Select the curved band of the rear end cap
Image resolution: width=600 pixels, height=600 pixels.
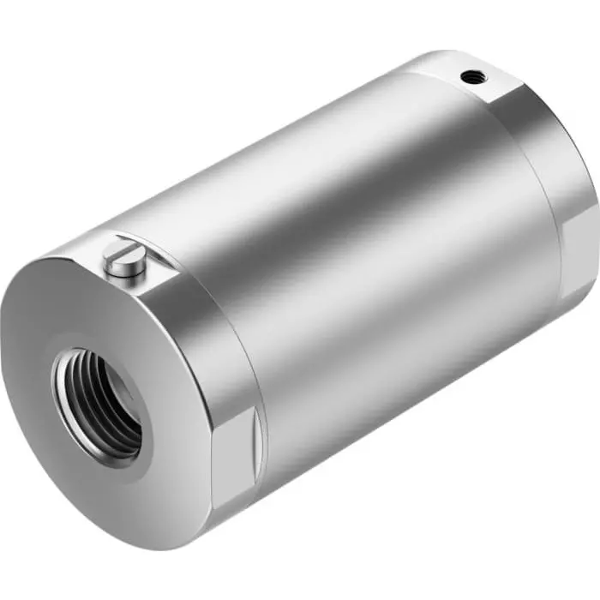click(x=549, y=171)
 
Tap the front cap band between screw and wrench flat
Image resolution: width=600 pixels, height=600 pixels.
click(x=214, y=343)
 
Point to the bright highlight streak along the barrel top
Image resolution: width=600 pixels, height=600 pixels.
click(x=283, y=154)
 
